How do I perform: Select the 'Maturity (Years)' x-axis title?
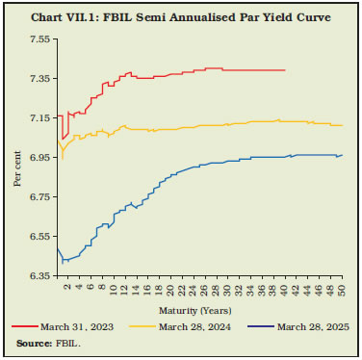(x=199, y=310)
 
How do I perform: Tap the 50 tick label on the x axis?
(x=342, y=291)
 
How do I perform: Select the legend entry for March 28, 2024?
(x=190, y=327)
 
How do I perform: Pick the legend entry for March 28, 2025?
(x=301, y=327)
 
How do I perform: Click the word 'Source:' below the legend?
(x=34, y=344)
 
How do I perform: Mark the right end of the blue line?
(x=342, y=155)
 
